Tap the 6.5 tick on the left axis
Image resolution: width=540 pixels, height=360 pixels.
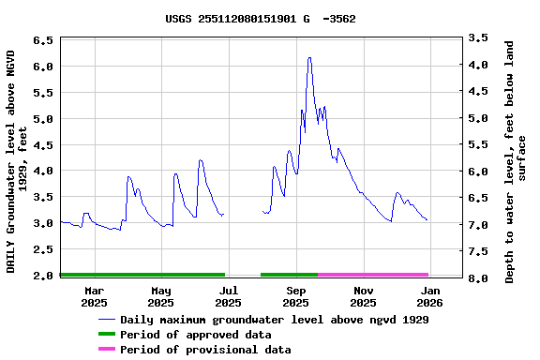43,41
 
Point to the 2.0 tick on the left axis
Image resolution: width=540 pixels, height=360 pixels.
43,277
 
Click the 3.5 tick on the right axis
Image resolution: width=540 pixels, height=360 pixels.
478,38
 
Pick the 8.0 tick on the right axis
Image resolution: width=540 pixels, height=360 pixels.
478,278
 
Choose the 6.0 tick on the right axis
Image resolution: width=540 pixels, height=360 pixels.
478,172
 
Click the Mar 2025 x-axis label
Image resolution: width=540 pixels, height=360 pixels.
94,296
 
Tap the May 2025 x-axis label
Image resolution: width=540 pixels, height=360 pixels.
161,296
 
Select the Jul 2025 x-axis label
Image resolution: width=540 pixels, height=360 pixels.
228,296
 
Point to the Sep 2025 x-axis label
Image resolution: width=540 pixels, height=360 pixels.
295,296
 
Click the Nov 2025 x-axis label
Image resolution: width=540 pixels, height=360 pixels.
363,296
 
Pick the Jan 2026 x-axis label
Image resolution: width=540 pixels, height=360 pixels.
429,296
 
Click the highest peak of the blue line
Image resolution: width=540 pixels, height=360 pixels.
309,58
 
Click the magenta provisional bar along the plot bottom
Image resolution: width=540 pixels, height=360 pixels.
373,275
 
